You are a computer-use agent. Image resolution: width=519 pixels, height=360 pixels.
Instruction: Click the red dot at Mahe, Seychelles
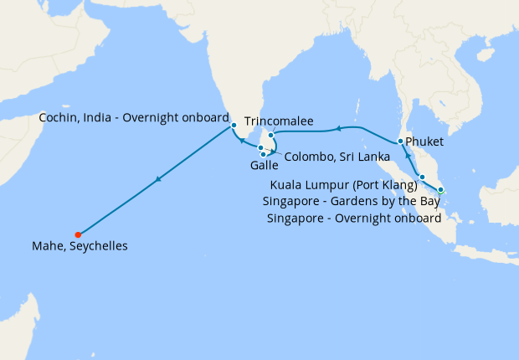pos(78,234)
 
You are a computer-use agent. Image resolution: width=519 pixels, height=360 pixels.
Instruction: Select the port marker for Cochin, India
pos(234,126)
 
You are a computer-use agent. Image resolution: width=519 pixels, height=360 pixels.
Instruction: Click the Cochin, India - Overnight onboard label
pos(134,118)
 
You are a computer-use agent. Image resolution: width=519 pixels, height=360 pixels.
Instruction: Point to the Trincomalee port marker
pos(270,135)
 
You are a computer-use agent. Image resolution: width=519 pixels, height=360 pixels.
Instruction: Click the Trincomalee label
pos(279,121)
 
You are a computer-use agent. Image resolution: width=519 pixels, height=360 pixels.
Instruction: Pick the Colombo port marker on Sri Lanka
pos(261,148)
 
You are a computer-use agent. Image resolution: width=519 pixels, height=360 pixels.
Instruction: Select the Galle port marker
pos(264,154)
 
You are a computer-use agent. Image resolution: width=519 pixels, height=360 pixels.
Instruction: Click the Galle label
pos(265,166)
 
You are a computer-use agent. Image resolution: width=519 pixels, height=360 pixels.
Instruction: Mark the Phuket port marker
pos(401,141)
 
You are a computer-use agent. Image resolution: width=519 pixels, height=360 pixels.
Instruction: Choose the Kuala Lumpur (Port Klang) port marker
pos(423,177)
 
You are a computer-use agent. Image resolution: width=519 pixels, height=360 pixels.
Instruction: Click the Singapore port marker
pos(440,190)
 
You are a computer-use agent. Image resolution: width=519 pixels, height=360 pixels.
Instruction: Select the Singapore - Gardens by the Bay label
pos(352,202)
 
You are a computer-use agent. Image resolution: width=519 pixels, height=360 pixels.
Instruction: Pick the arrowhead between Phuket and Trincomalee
pos(338,129)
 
